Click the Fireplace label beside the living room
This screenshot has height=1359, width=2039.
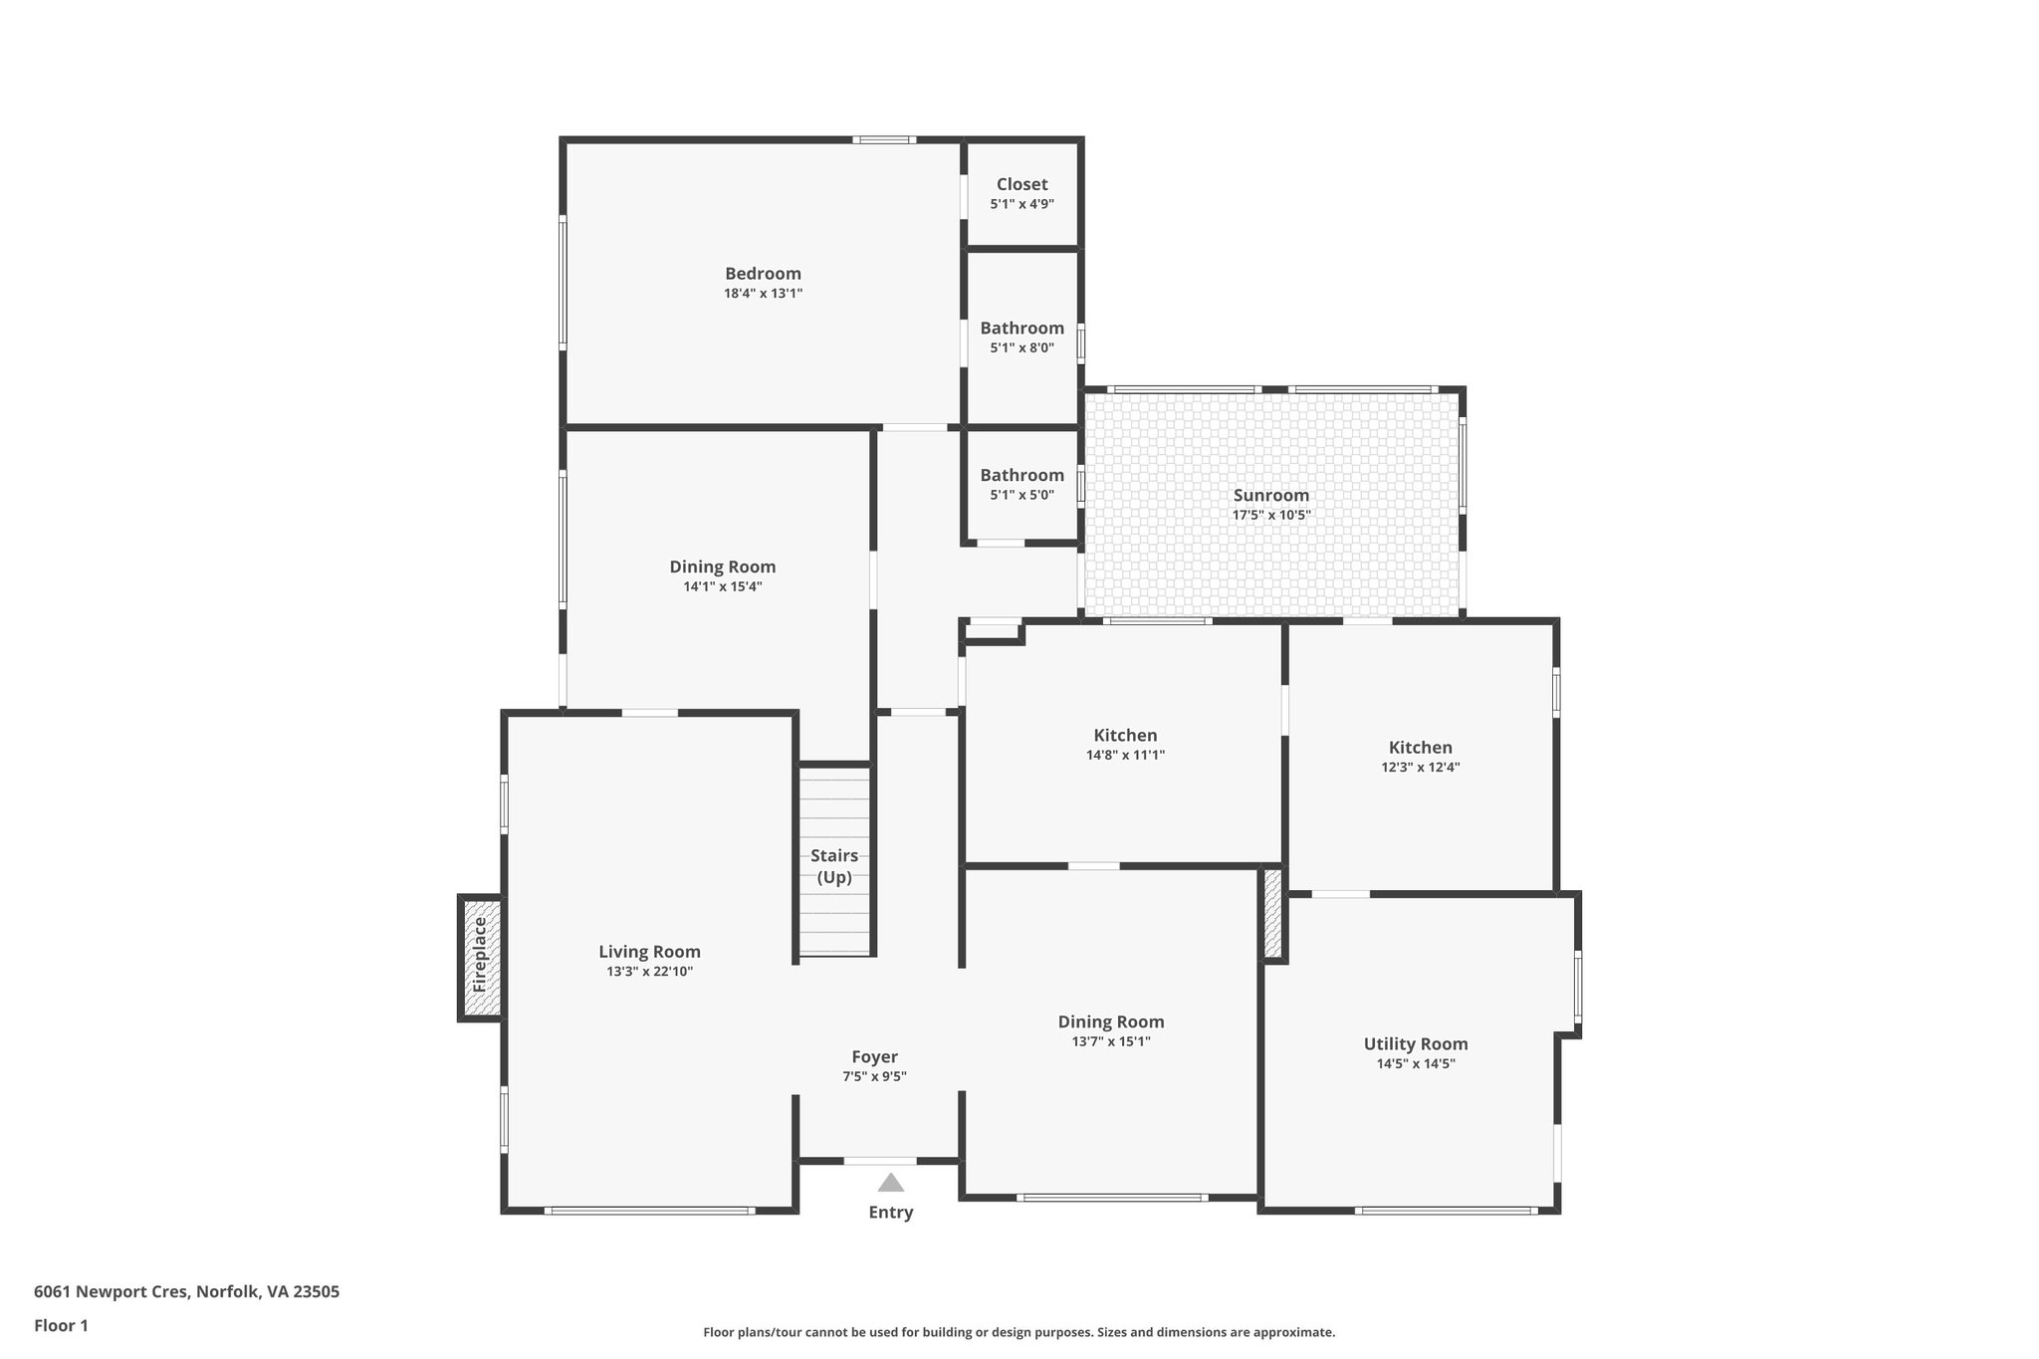(480, 955)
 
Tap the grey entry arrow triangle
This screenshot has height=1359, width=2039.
(890, 1183)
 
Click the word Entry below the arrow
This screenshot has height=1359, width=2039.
(890, 1212)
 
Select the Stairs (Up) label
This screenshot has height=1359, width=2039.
(834, 866)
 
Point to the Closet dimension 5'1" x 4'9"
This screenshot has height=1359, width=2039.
(1021, 204)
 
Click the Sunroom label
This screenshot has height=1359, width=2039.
(1271, 495)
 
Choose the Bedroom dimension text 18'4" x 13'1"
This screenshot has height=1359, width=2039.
(763, 294)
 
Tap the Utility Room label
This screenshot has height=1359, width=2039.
(1415, 1043)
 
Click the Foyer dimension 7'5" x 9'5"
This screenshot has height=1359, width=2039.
(874, 1076)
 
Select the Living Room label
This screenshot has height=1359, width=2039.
(649, 951)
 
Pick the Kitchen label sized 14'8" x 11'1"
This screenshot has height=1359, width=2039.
(1125, 736)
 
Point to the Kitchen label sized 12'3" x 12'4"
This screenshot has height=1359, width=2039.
(1420, 748)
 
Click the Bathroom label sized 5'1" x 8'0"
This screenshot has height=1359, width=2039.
(1021, 328)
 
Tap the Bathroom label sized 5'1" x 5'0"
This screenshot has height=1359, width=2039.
(1021, 475)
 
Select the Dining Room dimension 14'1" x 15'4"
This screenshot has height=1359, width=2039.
(722, 586)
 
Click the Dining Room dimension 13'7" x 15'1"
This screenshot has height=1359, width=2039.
(1110, 1041)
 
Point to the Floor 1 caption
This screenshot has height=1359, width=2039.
(61, 1325)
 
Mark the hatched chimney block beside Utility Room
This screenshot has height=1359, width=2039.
(1272, 913)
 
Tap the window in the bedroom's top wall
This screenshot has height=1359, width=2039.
(884, 139)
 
